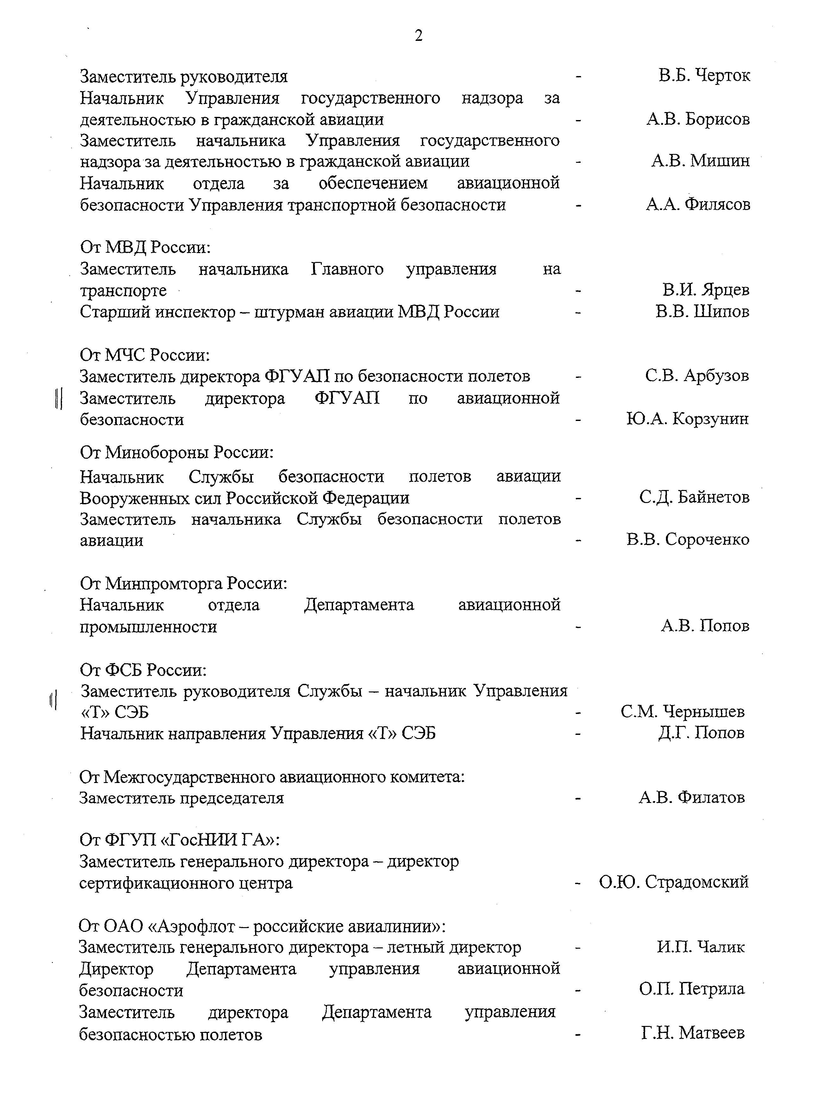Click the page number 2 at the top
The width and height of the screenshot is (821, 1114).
coord(418,36)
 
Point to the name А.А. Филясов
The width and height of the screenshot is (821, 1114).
coord(698,204)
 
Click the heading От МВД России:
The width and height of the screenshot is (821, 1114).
coord(145,247)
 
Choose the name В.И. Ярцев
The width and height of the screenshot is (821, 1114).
coord(706,290)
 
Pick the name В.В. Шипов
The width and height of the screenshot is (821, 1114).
coord(702,311)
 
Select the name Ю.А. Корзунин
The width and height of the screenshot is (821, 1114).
coord(687,419)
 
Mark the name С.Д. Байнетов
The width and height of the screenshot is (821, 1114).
coord(694,497)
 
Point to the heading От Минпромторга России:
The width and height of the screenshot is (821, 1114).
coord(183,582)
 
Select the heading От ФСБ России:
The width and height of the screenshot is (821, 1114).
coord(143,670)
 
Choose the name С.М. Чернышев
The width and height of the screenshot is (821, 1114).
coord(682,712)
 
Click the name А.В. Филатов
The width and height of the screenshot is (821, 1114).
coord(692,797)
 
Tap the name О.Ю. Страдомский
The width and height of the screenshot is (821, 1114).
coord(674,882)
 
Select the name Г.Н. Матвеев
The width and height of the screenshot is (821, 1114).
coord(693,1033)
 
